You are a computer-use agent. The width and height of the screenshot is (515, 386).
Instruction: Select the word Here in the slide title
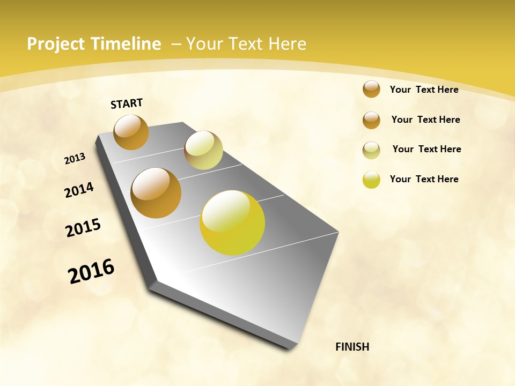click(288, 44)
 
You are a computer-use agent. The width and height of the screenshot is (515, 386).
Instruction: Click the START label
click(127, 103)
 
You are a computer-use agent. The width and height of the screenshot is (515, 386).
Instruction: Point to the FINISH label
click(352, 347)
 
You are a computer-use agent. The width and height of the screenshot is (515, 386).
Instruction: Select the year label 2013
click(75, 159)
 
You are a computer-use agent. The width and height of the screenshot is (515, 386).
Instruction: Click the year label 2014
click(79, 190)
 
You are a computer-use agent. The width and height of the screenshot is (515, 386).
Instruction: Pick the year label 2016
click(91, 271)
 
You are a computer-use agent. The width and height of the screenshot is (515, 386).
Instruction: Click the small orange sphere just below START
click(131, 132)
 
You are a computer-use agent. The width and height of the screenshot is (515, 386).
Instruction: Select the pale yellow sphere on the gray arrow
click(203, 150)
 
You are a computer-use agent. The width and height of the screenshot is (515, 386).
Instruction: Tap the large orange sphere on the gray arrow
click(156, 193)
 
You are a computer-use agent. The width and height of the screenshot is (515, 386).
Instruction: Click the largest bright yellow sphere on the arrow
click(232, 222)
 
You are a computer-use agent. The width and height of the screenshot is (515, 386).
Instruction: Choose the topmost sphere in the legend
click(371, 89)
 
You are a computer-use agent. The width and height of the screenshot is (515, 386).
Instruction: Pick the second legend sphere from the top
click(371, 120)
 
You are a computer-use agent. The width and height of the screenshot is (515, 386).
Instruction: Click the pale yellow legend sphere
click(371, 150)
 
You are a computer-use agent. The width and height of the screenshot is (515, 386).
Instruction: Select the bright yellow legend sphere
click(371, 180)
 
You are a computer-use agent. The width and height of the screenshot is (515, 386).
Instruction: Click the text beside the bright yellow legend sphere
click(424, 179)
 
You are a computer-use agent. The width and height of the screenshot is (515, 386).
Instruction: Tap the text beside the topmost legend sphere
click(424, 90)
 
